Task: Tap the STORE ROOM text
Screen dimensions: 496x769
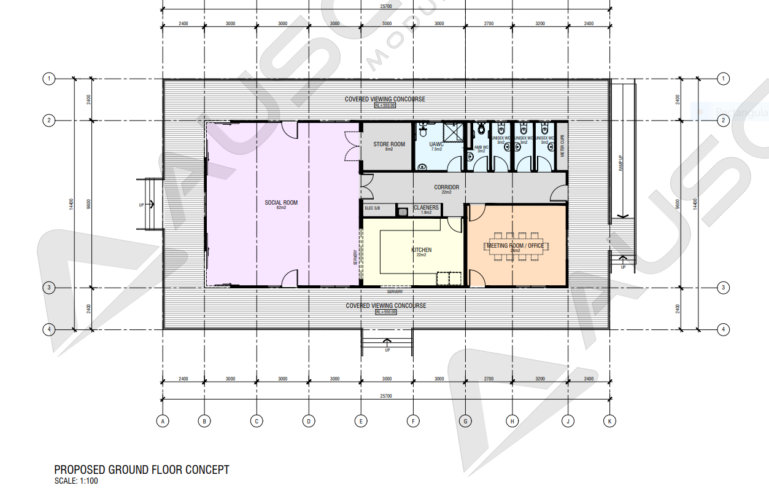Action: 389,144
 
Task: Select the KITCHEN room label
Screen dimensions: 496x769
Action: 421,250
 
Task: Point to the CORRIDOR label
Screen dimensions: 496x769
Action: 446,187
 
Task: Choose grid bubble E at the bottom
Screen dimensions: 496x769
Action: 361,421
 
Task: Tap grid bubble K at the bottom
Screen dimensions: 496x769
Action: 609,421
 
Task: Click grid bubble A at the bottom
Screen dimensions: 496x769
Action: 163,421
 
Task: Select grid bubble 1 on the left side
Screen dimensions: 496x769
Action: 48,79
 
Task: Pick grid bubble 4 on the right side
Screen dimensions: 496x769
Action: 724,329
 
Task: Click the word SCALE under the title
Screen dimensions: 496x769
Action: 66,481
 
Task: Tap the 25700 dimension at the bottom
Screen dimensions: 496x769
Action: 386,396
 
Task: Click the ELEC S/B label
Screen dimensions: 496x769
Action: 373,208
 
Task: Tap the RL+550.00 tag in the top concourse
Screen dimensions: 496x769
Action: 385,106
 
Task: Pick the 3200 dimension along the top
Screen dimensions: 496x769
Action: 539,23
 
